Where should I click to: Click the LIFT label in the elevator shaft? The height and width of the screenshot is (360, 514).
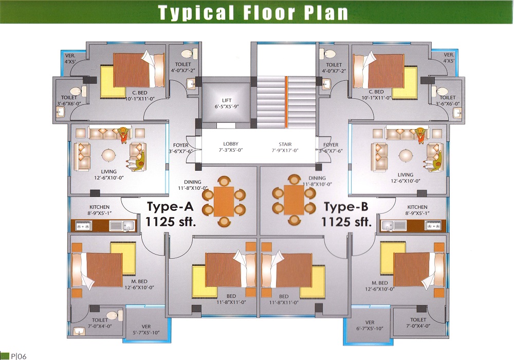point(227,100)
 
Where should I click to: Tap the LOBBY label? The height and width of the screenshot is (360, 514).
point(231,143)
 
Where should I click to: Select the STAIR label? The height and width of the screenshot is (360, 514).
point(285,144)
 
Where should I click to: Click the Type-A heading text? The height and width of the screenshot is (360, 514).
point(171,207)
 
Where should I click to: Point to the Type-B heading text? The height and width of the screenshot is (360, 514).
point(346,207)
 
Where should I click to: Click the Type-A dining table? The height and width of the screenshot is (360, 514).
point(224,202)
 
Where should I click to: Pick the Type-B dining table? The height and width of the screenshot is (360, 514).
point(294,201)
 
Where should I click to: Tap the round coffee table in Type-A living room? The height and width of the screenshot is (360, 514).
point(108,154)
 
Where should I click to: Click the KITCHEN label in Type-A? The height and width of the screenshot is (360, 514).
point(99,207)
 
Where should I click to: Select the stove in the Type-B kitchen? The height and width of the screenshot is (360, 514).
point(433,225)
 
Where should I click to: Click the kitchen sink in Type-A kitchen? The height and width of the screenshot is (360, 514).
point(122,226)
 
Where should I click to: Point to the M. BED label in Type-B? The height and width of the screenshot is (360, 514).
point(380,283)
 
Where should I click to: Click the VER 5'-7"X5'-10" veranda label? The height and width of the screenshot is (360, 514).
point(146,330)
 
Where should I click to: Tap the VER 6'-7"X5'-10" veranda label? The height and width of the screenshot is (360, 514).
point(370,326)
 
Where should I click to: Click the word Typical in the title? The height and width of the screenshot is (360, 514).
point(196,12)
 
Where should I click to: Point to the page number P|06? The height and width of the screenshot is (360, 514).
point(19,356)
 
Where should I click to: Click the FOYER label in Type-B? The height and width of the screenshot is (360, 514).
point(331,145)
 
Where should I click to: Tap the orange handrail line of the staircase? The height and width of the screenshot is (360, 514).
point(286,102)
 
